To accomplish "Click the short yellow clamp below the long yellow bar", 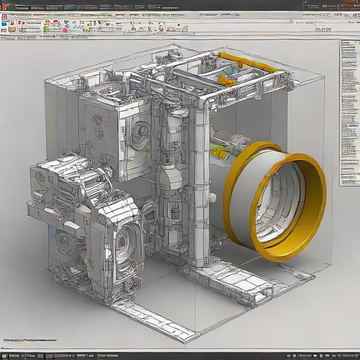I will (226, 80).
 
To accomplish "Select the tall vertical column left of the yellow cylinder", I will (199, 180).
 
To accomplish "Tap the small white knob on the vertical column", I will (212, 197).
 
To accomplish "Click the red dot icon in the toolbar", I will (65, 28).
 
